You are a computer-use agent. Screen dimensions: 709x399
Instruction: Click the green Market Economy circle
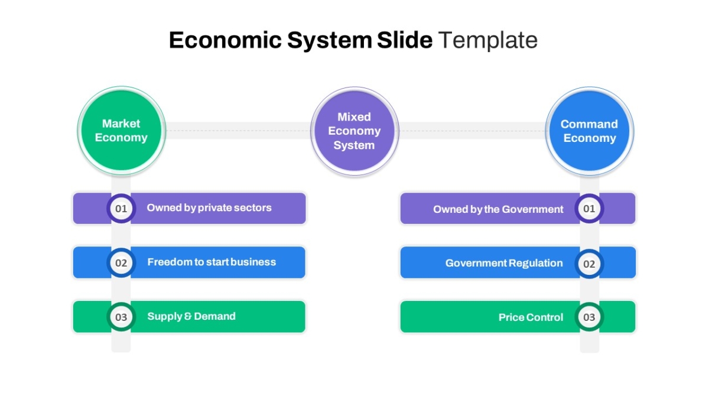(x=121, y=131)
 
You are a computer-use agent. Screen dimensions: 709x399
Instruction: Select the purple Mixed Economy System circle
(x=354, y=131)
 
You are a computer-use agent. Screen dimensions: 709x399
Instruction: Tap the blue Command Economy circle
(x=590, y=131)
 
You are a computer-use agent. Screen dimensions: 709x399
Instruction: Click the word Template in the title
(x=488, y=40)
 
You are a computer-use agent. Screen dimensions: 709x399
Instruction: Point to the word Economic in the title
(x=225, y=40)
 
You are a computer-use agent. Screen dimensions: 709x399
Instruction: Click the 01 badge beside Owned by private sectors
(x=121, y=208)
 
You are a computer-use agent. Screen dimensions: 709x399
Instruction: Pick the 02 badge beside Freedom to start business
(x=121, y=262)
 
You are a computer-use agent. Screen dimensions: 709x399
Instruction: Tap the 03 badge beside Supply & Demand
(x=121, y=317)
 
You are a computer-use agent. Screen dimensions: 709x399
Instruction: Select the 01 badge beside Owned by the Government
(x=589, y=208)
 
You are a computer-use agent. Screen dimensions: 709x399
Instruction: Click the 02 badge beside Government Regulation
(x=589, y=264)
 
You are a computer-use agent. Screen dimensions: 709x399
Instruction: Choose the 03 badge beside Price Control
(x=589, y=317)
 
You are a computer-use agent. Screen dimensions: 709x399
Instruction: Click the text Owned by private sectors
(x=209, y=207)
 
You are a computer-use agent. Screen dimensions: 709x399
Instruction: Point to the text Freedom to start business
(x=212, y=262)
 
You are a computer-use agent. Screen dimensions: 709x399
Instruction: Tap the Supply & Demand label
(x=191, y=316)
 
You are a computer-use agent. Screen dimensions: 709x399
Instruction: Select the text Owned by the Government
(x=498, y=209)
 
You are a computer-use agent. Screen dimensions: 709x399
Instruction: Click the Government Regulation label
(x=504, y=263)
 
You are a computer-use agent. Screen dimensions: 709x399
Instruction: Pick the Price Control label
(x=531, y=317)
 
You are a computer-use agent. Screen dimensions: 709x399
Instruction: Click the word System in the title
(x=330, y=41)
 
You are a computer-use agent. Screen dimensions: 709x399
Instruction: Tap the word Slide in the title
(x=405, y=40)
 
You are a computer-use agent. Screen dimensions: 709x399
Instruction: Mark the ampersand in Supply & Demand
(x=188, y=316)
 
